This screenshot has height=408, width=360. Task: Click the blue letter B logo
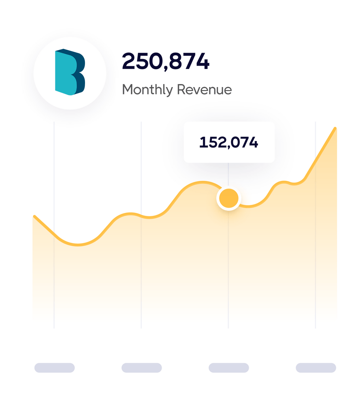[x=70, y=72]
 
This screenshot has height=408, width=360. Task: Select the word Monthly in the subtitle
[x=147, y=90]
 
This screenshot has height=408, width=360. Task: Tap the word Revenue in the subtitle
[x=204, y=90]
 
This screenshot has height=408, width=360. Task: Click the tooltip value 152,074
[x=229, y=142]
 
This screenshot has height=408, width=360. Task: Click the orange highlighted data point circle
[x=229, y=198]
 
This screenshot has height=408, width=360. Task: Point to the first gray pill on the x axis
[x=55, y=368]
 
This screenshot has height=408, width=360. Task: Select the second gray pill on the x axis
[x=142, y=368]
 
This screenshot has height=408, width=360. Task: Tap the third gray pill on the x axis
[x=229, y=368]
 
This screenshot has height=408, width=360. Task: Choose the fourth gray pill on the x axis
[x=316, y=368]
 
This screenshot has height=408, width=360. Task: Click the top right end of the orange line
[x=335, y=128]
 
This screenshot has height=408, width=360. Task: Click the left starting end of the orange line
[x=35, y=217]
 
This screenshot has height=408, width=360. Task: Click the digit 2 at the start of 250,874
[x=129, y=61]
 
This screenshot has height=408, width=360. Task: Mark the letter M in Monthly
[x=128, y=90]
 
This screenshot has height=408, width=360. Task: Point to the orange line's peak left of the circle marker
[x=202, y=182]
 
